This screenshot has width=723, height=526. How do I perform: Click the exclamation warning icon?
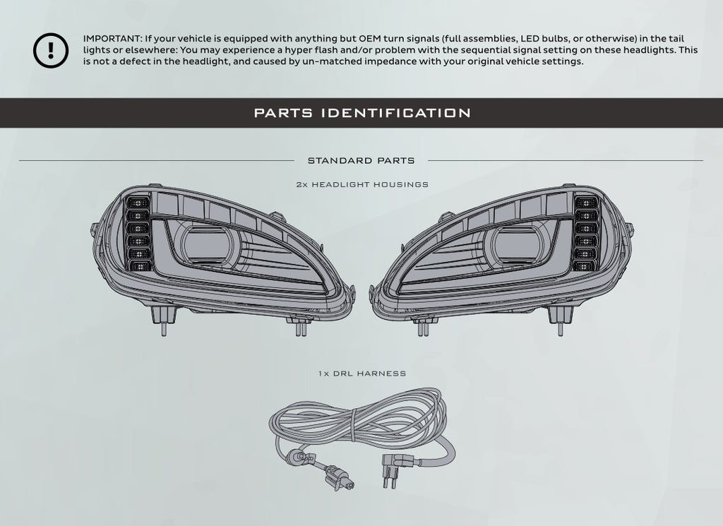(51, 50)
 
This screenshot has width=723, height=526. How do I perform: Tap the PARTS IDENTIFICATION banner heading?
(362, 113)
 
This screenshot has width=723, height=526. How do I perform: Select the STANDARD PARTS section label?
(361, 161)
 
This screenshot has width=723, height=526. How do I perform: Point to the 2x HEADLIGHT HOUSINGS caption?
(362, 184)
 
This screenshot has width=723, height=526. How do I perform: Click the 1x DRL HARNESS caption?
(362, 373)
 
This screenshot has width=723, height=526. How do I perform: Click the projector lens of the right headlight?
(516, 246)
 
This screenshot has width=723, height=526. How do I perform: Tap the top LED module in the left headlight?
(138, 203)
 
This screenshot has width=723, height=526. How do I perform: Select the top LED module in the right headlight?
(586, 203)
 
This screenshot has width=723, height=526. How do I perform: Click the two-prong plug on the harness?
(391, 470)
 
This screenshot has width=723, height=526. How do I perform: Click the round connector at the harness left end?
(296, 459)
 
